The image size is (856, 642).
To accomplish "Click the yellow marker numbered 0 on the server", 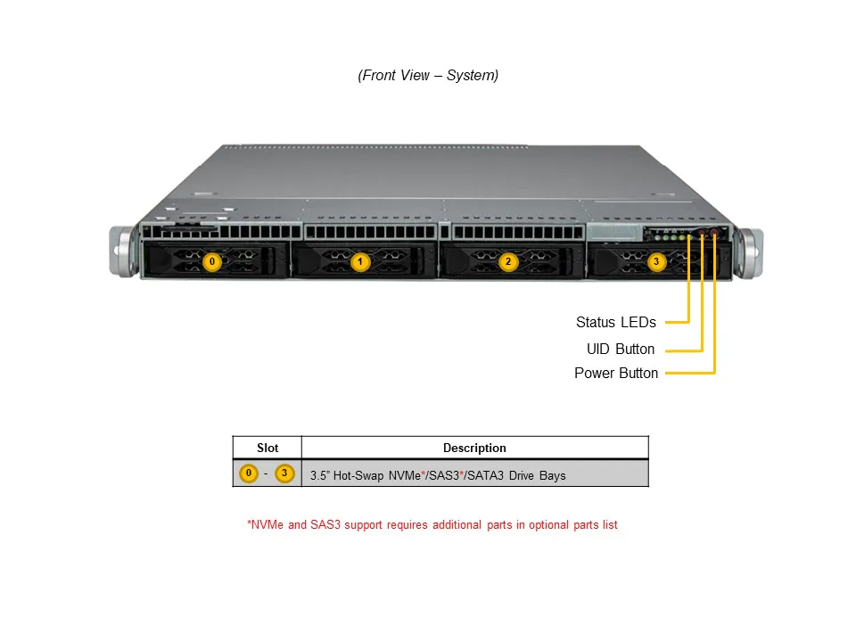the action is [212, 261].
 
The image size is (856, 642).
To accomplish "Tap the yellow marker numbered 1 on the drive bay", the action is [359, 261].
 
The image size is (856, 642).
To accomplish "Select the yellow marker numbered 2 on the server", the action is [508, 261].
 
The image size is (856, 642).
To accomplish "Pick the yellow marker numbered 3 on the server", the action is [656, 261].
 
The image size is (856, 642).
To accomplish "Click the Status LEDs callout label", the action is [616, 322].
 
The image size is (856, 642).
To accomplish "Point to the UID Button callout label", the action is [621, 349].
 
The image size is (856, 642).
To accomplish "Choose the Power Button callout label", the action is [616, 373].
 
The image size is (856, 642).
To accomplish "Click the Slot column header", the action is [267, 448].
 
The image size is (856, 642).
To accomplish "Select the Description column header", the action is [474, 448].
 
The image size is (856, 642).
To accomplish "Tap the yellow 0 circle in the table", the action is [249, 473].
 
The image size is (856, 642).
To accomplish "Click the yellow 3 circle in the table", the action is [284, 473].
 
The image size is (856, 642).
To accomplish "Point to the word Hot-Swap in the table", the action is [358, 475].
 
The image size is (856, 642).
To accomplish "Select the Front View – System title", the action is [428, 75].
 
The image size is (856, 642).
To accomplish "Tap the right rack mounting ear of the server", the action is [748, 253].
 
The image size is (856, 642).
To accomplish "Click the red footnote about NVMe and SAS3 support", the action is [432, 524].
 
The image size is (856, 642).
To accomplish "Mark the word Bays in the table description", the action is [553, 475].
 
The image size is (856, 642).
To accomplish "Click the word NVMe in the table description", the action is [405, 475].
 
